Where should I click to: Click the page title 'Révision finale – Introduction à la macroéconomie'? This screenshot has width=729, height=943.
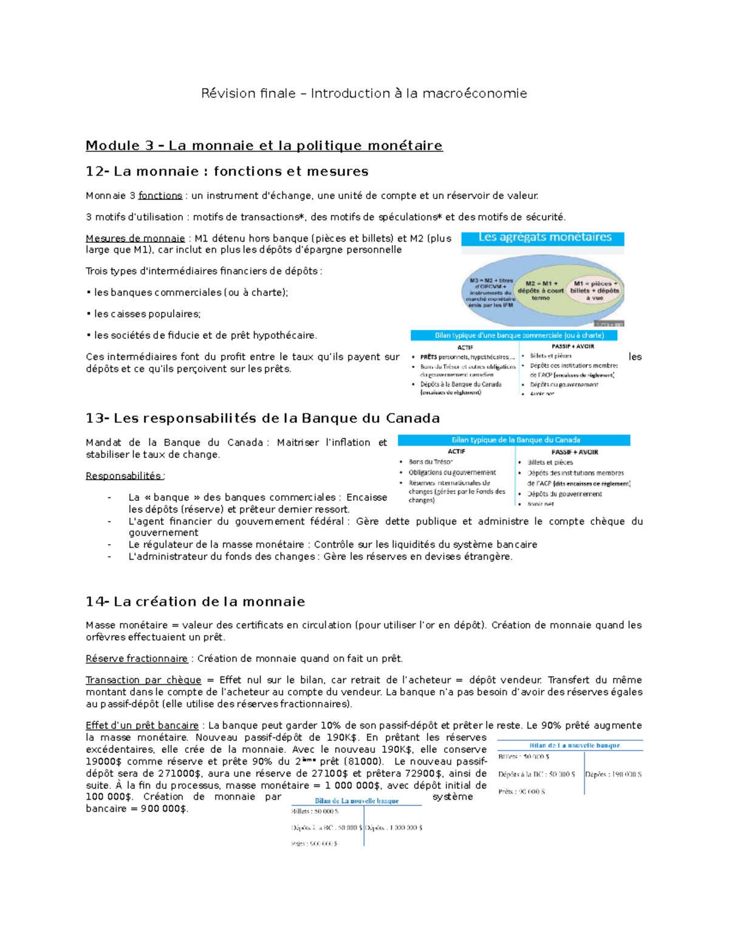pos(364,94)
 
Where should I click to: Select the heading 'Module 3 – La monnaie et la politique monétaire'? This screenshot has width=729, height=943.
pos(264,146)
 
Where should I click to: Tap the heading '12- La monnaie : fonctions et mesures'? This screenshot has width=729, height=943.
pos(227,172)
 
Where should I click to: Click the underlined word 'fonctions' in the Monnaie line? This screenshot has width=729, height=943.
pos(160,196)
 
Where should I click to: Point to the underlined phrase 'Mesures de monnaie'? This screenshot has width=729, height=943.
pos(135,238)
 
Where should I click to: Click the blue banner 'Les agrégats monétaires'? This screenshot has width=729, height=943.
pos(544,237)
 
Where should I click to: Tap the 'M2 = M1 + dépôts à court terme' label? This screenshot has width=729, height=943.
pos(540,290)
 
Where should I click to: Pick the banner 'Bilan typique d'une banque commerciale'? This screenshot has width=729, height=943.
pos(514,335)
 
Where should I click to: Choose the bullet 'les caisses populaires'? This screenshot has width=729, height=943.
pos(146,314)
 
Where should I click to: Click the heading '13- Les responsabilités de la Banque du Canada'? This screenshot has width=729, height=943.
pos(262,418)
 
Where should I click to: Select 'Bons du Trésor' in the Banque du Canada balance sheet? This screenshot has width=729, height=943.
pos(431,462)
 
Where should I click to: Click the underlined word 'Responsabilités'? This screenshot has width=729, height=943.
pos(124,476)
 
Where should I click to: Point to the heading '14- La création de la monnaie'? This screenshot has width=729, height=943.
pos(195,602)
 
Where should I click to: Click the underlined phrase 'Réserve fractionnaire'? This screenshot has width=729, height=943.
pos(137,659)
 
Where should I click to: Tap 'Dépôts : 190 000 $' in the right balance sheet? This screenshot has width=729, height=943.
pos(614,774)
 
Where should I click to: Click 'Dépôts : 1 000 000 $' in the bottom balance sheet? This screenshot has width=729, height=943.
pos(394,828)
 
